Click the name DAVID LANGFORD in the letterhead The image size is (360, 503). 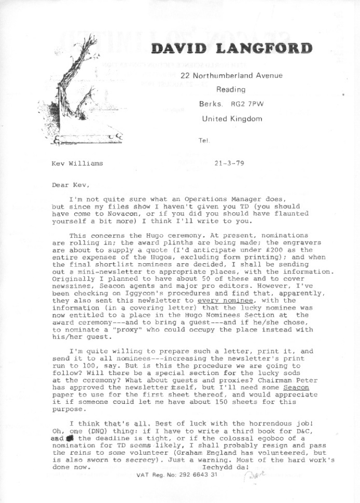point(231,49)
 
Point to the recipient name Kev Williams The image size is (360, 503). point(78,164)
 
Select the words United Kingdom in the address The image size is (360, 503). point(231,118)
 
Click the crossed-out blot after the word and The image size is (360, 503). point(69,438)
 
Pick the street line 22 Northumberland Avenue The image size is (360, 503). point(231,76)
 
